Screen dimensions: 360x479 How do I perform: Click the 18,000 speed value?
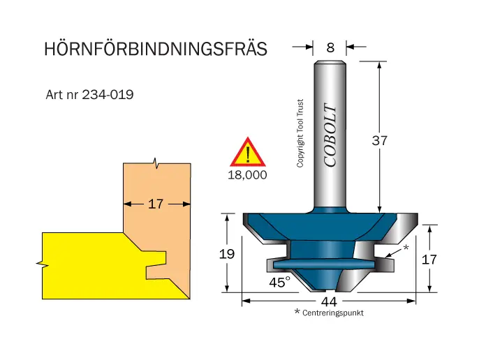pyautogui.click(x=247, y=175)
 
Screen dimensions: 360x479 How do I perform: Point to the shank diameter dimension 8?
pyautogui.click(x=330, y=47)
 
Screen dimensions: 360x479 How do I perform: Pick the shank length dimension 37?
pyautogui.click(x=379, y=140)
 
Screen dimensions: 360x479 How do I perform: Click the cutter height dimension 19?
pyautogui.click(x=226, y=254)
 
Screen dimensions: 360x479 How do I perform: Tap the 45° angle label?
pyautogui.click(x=279, y=282)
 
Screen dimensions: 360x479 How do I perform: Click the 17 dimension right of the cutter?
pyautogui.click(x=431, y=259)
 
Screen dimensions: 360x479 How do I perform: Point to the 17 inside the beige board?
pyautogui.click(x=156, y=204)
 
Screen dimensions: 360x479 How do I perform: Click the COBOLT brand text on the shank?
pyautogui.click(x=330, y=136)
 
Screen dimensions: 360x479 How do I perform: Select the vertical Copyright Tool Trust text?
pyautogui.click(x=300, y=133)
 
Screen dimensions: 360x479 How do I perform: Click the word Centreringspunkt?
pyautogui.click(x=333, y=313)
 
